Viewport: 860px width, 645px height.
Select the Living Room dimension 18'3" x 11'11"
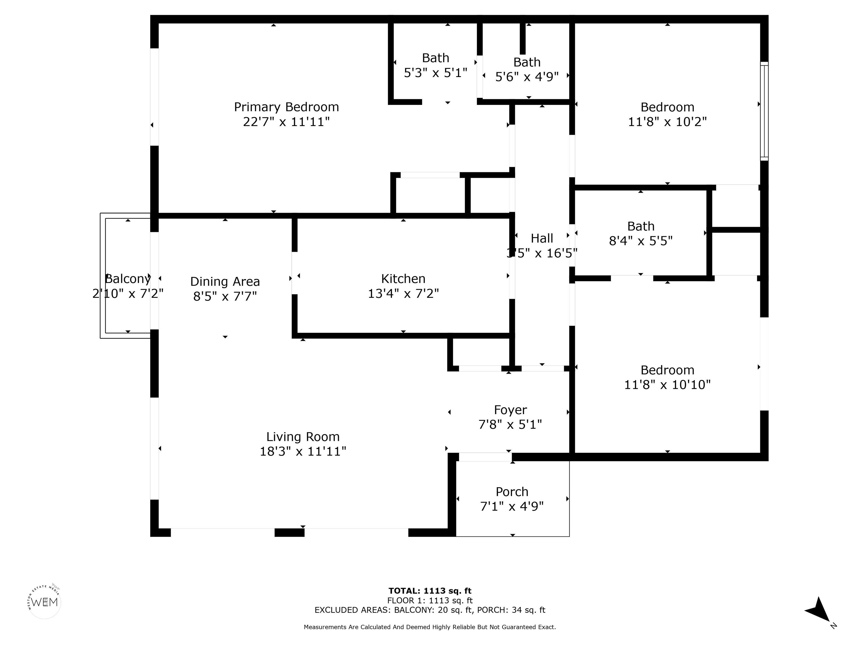tap(303, 451)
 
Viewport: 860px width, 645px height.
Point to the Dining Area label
tap(225, 281)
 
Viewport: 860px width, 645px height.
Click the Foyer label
tap(510, 410)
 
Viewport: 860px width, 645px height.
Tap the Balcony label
tap(128, 279)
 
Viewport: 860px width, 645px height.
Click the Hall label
tap(542, 238)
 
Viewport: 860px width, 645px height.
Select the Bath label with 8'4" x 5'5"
tap(641, 226)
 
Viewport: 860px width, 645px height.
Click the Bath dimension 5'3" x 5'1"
tap(435, 73)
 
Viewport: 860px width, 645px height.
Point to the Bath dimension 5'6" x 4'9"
tap(527, 77)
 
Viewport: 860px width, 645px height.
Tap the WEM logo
tap(45, 602)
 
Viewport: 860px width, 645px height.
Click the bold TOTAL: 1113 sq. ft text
tap(430, 591)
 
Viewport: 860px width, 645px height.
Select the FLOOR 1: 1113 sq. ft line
tap(430, 600)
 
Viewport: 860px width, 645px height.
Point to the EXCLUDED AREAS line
tap(430, 610)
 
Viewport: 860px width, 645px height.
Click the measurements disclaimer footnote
tap(430, 627)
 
